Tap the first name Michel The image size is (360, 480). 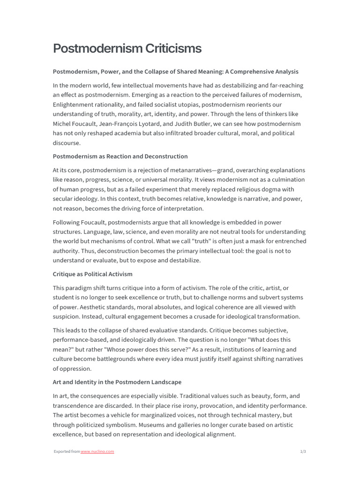(x=63, y=124)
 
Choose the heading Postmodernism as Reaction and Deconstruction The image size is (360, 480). (x=120, y=156)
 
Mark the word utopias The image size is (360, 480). (x=185, y=105)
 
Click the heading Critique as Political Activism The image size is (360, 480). (x=93, y=274)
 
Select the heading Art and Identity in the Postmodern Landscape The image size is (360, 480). (x=117, y=382)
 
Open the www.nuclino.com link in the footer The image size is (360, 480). (x=97, y=451)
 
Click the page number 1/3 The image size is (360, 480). (x=302, y=451)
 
